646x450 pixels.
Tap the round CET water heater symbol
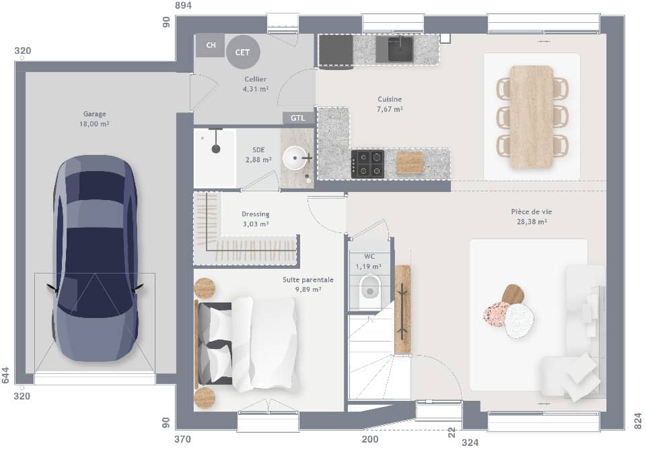click(x=242, y=52)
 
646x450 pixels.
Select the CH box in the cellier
click(x=211, y=45)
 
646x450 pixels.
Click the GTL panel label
click(x=297, y=118)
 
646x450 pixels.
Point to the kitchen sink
click(x=400, y=49)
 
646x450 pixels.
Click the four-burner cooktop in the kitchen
click(x=367, y=163)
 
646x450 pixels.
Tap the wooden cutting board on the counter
click(x=410, y=162)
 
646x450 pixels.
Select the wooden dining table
click(x=531, y=117)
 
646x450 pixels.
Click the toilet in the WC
click(x=369, y=288)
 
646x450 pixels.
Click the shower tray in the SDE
click(x=215, y=159)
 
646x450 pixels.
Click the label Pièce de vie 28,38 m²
click(x=531, y=216)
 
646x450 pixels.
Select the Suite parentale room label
click(x=308, y=284)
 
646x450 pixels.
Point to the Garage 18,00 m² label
click(x=95, y=119)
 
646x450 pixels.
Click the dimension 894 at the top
click(x=183, y=5)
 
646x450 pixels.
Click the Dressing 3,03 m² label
click(x=255, y=219)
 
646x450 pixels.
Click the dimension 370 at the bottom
click(x=183, y=439)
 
